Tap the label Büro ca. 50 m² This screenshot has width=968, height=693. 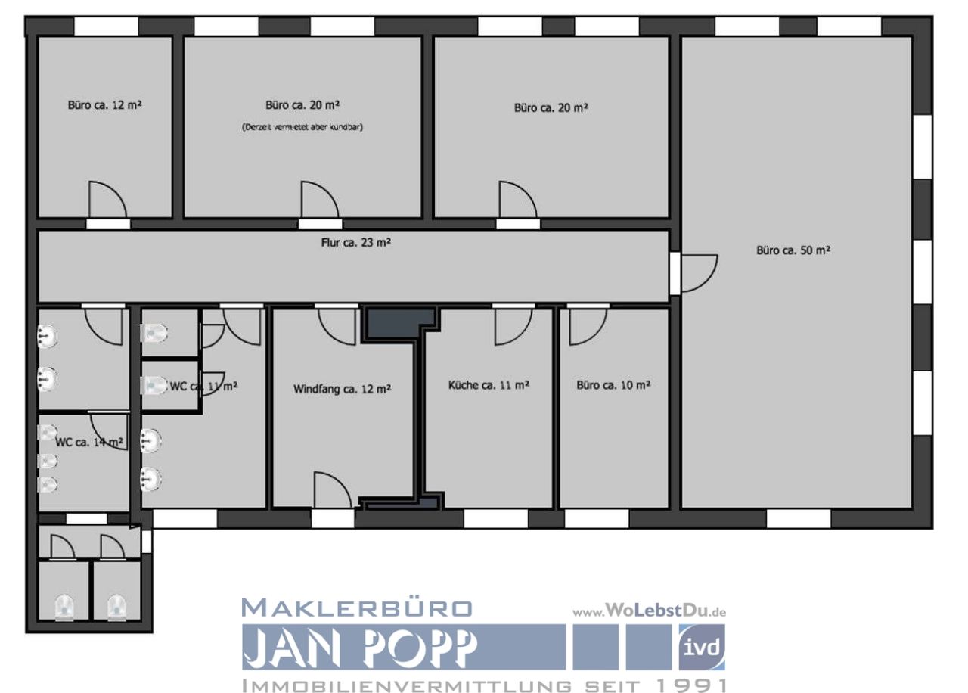click(x=793, y=250)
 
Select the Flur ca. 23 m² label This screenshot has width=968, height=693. click(x=355, y=243)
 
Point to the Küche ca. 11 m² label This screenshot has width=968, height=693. click(x=489, y=385)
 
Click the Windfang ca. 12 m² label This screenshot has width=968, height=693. click(x=342, y=390)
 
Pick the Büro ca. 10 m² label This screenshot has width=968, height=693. click(x=613, y=385)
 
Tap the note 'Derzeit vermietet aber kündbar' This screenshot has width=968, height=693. click(x=302, y=127)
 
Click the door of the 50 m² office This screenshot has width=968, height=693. click(x=698, y=273)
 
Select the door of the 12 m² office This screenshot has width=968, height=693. click(x=107, y=200)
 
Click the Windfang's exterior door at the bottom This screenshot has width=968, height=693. click(x=332, y=491)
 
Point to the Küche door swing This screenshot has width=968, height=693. click(x=513, y=326)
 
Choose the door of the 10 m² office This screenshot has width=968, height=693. click(x=588, y=326)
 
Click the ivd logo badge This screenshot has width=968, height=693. click(x=701, y=648)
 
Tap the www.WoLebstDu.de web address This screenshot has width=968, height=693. click(x=649, y=611)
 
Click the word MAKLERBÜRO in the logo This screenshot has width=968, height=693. click(x=357, y=608)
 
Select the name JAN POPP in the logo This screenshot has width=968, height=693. click(x=360, y=648)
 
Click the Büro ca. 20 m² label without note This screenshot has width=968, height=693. click(x=551, y=108)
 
